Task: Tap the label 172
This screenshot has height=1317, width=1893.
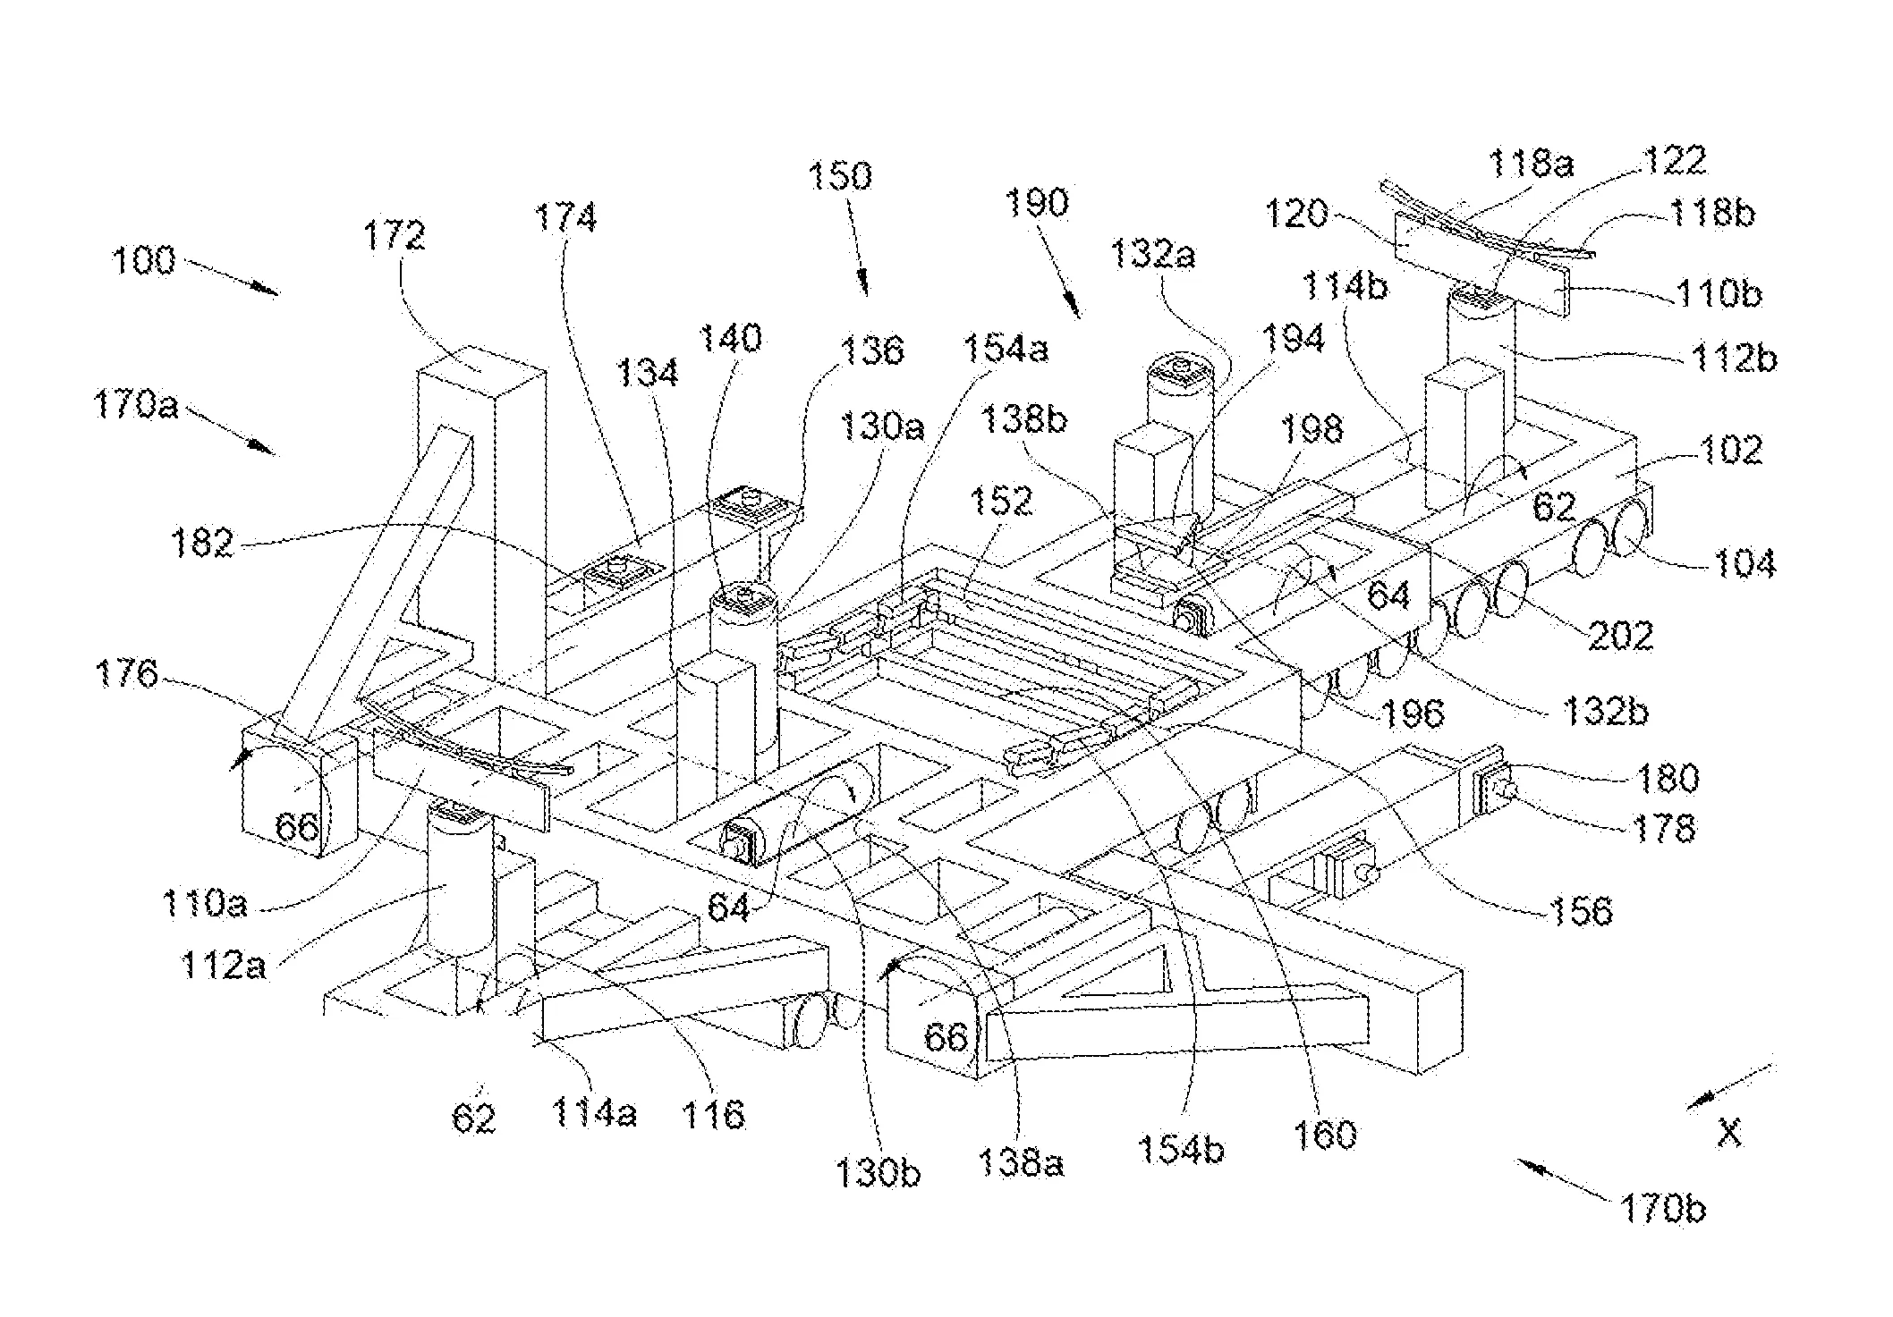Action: [x=395, y=236]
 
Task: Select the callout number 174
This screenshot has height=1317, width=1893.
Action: [x=565, y=217]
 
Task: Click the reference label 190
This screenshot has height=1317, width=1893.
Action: [x=1036, y=203]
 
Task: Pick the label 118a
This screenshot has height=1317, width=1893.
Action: [x=1530, y=165]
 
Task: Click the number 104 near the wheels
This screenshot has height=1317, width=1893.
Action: [x=1743, y=563]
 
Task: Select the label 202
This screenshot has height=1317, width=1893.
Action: [x=1620, y=636]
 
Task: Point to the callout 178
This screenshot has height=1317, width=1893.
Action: [x=1662, y=829]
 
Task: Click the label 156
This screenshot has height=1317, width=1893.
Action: [x=1579, y=911]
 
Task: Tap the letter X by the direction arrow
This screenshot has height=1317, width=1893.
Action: [x=1729, y=1133]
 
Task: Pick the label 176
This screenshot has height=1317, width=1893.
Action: [x=126, y=673]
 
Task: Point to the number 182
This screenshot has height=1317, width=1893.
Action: [x=202, y=543]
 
